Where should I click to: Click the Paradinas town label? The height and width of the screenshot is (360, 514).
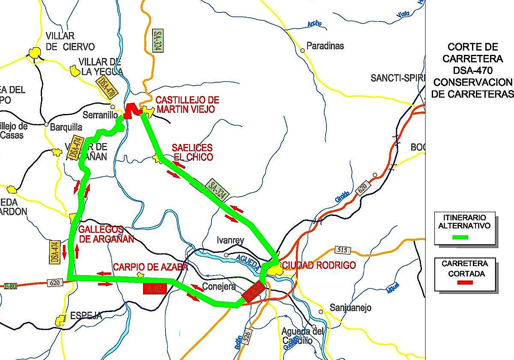325,46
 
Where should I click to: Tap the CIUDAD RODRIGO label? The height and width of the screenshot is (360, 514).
319,266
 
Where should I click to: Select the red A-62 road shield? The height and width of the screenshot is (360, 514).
155,288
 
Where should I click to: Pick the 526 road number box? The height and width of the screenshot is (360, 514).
246,337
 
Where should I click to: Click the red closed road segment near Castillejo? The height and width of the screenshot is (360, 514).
133,110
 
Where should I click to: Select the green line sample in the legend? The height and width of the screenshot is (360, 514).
460,237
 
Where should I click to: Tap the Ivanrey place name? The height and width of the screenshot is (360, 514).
230,240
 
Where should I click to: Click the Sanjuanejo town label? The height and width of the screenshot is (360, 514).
351,308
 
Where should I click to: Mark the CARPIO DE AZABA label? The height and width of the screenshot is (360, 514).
150,267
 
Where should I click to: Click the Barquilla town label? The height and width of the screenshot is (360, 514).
66,127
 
